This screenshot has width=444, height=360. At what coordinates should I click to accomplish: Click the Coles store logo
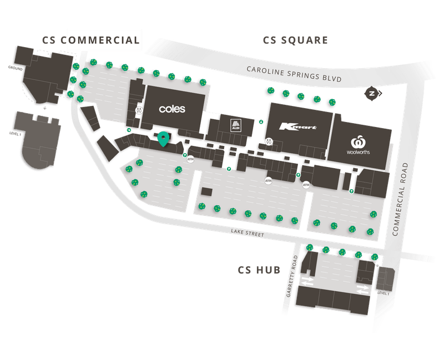[171, 109]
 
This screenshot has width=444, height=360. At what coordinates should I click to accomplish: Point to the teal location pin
[163, 139]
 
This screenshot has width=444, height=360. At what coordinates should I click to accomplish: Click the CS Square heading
[295, 40]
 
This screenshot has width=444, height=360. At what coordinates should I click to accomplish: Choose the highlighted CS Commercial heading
[104, 40]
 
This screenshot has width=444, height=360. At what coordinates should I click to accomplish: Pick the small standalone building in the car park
[207, 191]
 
